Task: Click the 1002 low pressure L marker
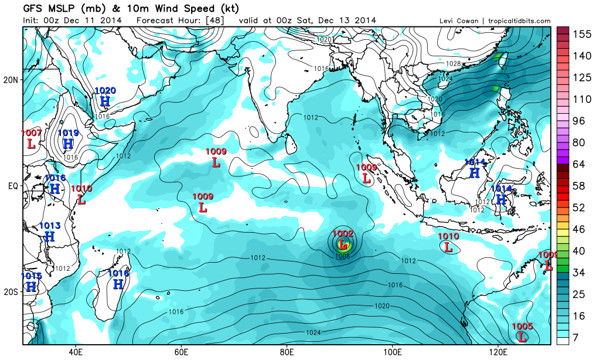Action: (343, 244)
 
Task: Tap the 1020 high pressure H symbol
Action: (105, 101)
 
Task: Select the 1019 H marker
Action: (68, 143)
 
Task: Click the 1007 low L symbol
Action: (30, 142)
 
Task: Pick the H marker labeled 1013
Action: (50, 236)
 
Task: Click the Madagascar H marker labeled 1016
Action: (118, 284)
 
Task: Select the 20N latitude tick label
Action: (11, 80)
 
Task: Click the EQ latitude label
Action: (12, 186)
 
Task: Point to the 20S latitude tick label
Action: (11, 292)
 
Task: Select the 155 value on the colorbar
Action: (581, 35)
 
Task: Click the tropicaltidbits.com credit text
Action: (516, 21)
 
